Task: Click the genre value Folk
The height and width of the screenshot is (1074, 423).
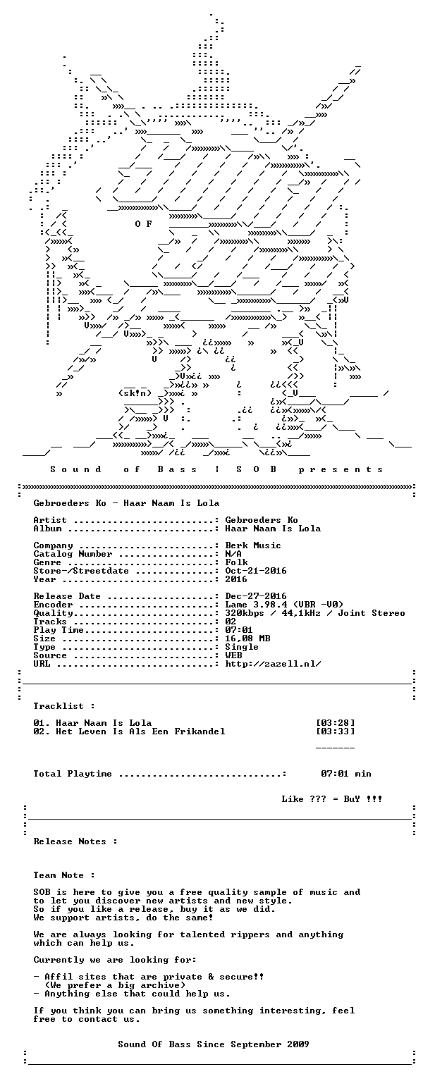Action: (x=236, y=562)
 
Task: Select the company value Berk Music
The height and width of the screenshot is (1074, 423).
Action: (x=253, y=545)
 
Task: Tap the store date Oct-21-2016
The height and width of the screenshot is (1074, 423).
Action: (x=256, y=571)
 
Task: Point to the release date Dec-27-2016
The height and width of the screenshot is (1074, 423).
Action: (x=256, y=596)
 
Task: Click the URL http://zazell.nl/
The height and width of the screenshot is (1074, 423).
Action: (x=273, y=664)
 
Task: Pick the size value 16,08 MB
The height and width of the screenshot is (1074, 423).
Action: (x=247, y=638)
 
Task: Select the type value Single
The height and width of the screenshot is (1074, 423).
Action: (x=243, y=647)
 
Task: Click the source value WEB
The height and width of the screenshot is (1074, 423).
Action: (x=233, y=655)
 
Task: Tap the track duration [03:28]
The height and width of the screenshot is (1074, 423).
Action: (x=336, y=723)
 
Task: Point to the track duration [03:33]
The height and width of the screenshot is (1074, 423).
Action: (x=336, y=732)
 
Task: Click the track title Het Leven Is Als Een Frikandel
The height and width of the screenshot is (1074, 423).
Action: (x=140, y=732)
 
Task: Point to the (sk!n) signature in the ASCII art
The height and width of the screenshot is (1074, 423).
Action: (x=135, y=394)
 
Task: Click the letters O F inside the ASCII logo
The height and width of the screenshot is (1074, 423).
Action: (x=143, y=224)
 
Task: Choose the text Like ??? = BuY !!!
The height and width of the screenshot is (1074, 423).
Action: (x=332, y=799)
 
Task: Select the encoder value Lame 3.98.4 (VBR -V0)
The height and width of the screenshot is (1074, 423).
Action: (x=284, y=605)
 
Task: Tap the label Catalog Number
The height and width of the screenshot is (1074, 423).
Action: (x=73, y=554)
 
